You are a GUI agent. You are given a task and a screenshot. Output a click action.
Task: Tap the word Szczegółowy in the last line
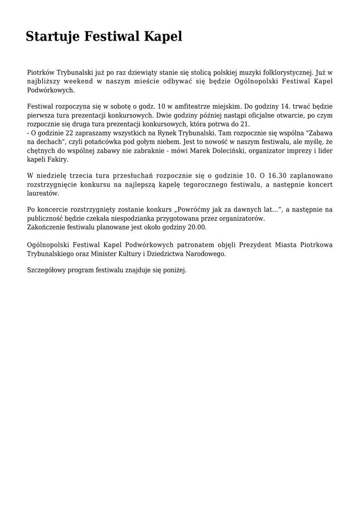tap(48, 270)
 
